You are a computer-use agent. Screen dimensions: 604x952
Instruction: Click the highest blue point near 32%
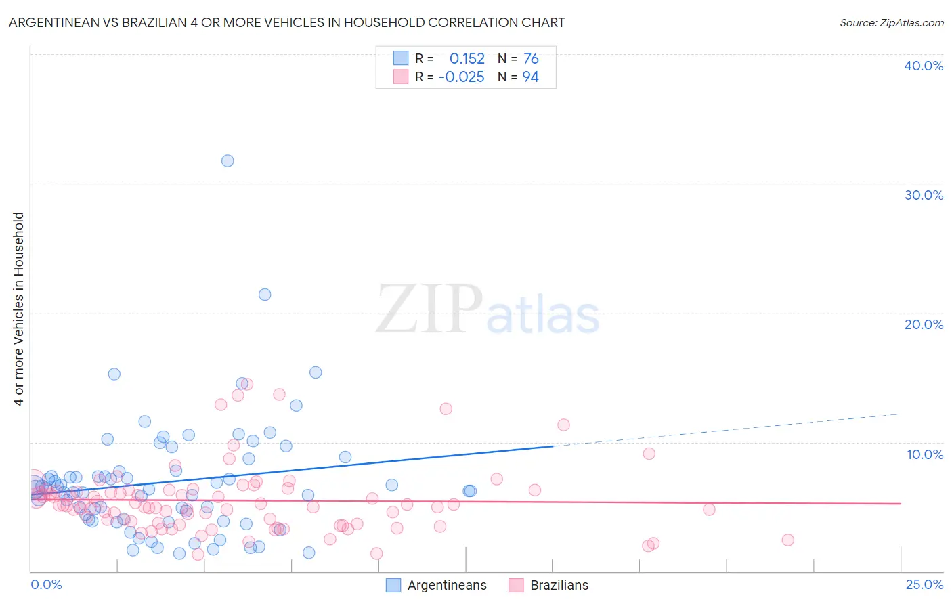pos(228,160)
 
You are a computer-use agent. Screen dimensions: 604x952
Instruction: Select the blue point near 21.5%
pos(265,295)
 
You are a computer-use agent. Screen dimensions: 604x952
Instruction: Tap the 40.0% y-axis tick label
pos(924,66)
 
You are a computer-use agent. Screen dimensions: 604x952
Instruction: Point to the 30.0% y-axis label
pos(924,195)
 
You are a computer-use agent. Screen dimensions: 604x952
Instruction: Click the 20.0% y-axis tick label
pos(924,324)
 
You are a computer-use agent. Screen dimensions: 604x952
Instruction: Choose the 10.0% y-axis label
pos(925,454)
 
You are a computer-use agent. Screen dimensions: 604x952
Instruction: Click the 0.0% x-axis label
pos(46,585)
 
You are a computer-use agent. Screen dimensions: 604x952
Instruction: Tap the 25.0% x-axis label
pos(924,585)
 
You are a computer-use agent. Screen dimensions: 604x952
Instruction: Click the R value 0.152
pos(467,59)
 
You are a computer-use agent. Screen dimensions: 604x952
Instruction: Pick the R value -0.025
pos(462,77)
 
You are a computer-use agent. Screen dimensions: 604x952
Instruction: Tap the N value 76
pos(531,59)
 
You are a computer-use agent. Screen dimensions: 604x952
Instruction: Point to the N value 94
pos(531,77)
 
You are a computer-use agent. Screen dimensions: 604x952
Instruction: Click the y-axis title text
pos(19,309)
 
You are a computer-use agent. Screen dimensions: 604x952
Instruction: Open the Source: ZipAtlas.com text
pos(891,23)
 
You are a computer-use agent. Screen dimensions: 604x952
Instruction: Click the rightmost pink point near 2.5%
pos(787,540)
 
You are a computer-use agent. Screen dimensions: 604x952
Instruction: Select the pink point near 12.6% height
pos(446,408)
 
